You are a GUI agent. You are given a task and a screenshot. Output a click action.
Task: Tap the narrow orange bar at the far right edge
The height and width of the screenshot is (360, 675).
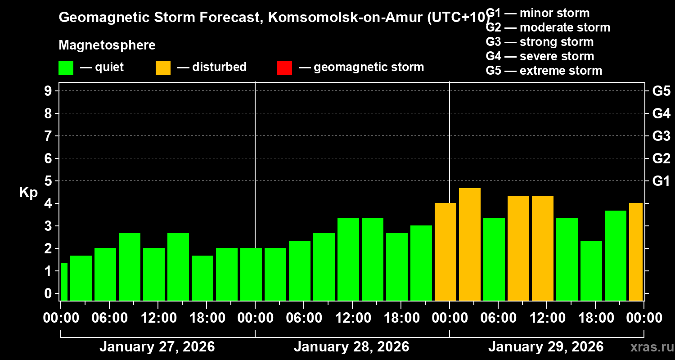636,252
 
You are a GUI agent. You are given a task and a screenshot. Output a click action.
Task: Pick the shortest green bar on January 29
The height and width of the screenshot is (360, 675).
591,270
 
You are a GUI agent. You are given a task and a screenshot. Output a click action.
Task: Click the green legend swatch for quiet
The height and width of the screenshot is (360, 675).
66,68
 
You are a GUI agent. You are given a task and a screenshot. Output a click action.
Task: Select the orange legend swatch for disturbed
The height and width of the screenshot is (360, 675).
163,68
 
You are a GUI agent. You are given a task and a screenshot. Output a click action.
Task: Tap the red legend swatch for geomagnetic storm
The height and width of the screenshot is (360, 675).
284,68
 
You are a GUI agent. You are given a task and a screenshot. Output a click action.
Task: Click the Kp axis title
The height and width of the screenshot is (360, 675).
28,193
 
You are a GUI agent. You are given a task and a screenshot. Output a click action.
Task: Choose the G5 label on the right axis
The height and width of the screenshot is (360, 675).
661,91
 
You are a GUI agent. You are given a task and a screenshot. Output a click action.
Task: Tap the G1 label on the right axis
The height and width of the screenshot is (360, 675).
661,181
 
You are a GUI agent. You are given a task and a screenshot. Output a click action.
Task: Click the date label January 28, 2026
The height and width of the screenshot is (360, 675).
351,347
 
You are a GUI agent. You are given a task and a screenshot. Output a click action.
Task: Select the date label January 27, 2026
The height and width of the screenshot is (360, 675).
157,347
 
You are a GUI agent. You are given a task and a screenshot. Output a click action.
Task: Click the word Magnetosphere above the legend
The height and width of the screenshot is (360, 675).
107,45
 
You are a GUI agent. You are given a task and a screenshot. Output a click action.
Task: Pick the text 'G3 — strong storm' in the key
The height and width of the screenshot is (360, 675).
540,42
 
